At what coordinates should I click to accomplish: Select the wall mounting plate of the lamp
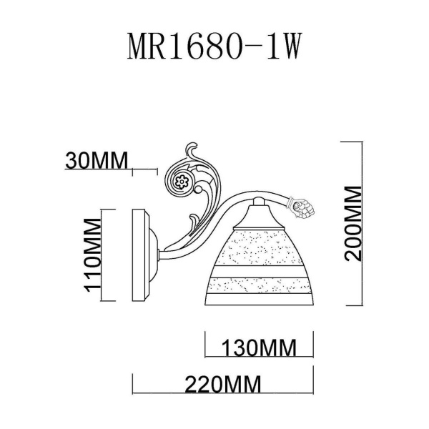point(143,255)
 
